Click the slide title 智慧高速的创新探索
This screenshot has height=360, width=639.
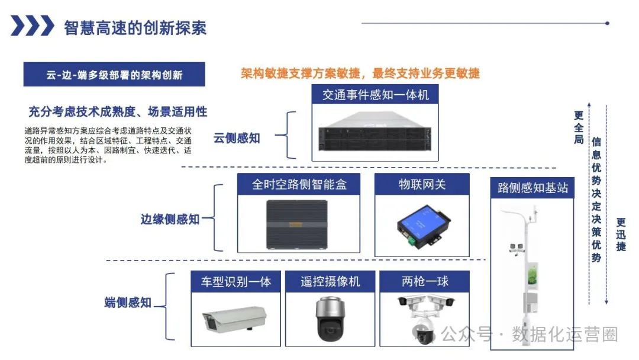(x=135, y=27)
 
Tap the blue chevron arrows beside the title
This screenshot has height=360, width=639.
(x=33, y=26)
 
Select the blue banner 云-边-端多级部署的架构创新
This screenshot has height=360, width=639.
(x=114, y=75)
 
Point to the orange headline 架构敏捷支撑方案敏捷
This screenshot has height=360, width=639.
(x=360, y=73)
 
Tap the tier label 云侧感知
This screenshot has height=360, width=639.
(x=237, y=138)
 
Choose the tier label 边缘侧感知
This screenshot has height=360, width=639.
(x=170, y=219)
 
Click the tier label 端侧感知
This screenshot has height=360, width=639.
(x=128, y=303)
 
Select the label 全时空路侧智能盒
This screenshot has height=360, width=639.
(x=299, y=184)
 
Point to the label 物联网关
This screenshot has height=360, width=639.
(x=422, y=184)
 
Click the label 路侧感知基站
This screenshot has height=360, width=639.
(x=532, y=188)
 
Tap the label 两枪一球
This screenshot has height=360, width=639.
(x=425, y=282)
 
